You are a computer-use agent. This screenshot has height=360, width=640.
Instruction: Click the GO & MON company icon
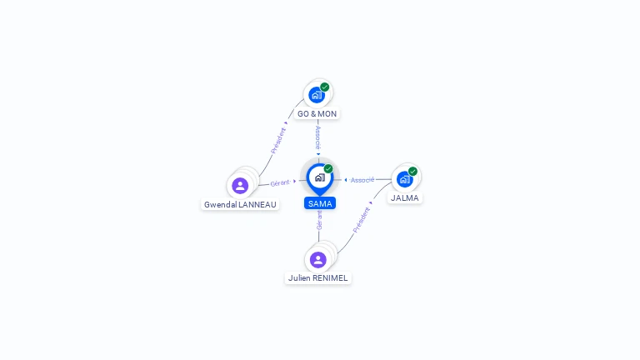click(317, 95)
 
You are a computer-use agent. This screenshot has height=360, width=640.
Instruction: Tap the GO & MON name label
click(317, 114)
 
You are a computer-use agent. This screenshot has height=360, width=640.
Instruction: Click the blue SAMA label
click(320, 203)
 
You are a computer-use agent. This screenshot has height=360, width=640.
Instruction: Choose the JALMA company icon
click(404, 179)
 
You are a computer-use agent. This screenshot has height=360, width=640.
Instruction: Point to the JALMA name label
click(405, 198)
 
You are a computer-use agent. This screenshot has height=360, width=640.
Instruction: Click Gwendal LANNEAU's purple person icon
click(240, 186)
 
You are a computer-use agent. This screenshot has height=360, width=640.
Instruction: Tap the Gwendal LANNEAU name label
click(240, 204)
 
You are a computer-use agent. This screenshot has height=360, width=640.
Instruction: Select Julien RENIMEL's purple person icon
click(318, 260)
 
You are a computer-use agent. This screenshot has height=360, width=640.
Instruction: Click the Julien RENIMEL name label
click(318, 278)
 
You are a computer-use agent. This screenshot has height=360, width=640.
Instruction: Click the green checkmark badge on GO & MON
click(324, 87)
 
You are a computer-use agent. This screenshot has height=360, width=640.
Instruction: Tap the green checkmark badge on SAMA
click(328, 168)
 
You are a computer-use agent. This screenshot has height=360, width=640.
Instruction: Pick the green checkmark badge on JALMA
click(412, 172)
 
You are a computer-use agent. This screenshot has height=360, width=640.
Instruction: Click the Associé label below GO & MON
click(318, 137)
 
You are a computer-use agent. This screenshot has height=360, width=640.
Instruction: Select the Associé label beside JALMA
click(362, 180)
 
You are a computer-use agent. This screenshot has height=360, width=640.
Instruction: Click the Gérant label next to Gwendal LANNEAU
click(280, 183)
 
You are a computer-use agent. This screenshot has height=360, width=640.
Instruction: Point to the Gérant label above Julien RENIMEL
click(319, 220)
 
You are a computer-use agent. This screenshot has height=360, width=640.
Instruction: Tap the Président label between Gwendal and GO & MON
click(278, 140)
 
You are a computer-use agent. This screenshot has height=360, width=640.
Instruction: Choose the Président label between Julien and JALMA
click(361, 220)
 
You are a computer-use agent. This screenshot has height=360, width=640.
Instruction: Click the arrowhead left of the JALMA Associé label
click(346, 180)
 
